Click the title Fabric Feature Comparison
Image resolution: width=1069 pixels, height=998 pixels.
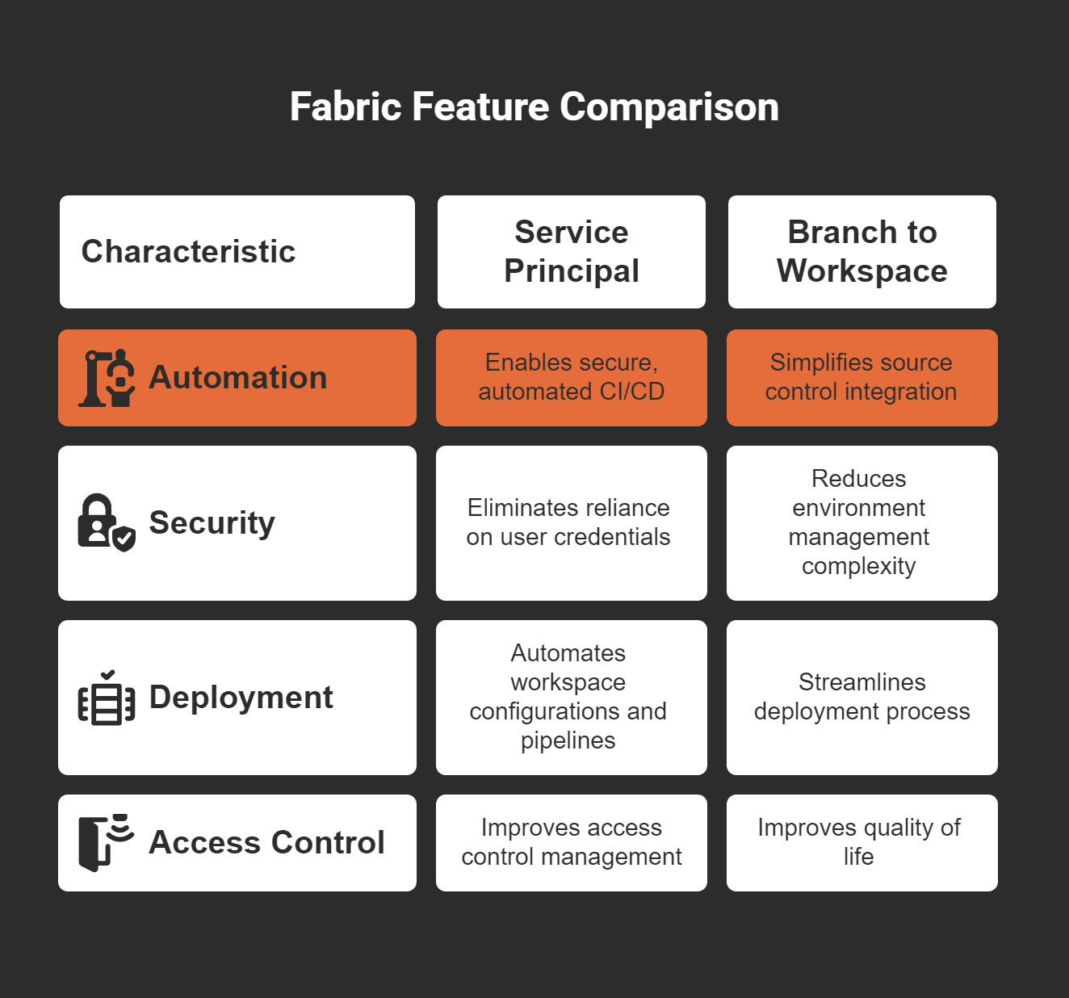(534, 107)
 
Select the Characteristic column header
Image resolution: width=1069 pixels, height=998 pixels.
(188, 252)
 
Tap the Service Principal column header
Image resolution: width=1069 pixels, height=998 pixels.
(571, 252)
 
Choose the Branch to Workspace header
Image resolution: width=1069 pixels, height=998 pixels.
(861, 252)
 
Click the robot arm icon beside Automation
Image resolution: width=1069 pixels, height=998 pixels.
(107, 378)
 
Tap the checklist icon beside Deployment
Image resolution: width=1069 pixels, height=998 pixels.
(107, 698)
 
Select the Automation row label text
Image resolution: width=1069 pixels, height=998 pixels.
(238, 378)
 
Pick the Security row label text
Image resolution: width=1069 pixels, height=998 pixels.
(212, 523)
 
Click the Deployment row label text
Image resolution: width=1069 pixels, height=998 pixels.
(241, 698)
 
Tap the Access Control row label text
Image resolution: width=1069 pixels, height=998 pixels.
(266, 843)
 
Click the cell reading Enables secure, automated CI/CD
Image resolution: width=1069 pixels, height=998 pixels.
(571, 377)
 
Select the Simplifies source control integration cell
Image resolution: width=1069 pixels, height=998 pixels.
(861, 377)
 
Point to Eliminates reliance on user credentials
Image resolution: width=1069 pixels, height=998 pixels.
(568, 522)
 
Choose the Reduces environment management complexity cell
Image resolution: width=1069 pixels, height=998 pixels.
(859, 522)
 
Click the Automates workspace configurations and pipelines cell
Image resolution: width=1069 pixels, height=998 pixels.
(568, 697)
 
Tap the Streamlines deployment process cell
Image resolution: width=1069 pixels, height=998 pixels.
(861, 697)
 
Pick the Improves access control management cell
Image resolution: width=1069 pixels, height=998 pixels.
(571, 842)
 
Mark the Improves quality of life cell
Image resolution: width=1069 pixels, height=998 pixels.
(859, 842)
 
